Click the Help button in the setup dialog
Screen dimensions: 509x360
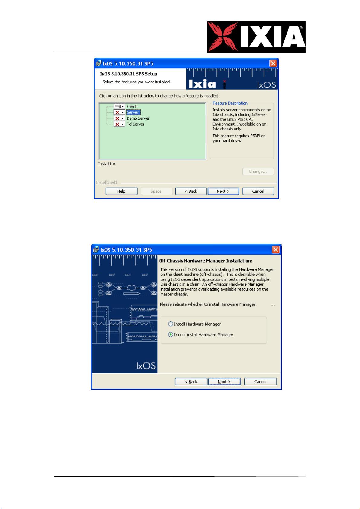[121, 191]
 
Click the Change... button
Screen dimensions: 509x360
[258, 172]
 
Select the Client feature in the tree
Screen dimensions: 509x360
[132, 107]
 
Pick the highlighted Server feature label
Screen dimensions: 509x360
[133, 112]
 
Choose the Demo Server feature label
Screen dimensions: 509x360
[138, 118]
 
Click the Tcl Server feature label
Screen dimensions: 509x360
[135, 124]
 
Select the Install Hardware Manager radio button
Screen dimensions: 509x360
[171, 324]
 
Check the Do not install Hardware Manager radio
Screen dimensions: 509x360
[171, 335]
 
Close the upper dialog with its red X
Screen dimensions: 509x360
[273, 63]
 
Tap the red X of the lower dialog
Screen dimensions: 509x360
[276, 250]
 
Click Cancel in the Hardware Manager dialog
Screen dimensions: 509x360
[260, 382]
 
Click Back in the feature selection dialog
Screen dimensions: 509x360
[191, 191]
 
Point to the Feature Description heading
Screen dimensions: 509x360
[230, 103]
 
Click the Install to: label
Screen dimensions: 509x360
[106, 164]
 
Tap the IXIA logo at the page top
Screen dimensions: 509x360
[256, 37]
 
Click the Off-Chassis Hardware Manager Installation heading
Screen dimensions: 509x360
[206, 261]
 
